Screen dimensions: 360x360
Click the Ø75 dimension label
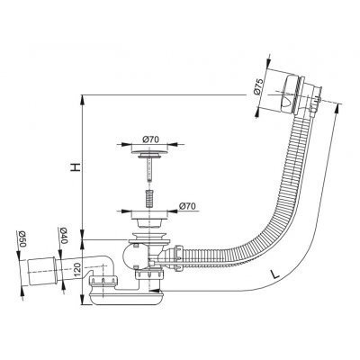tap(258, 86)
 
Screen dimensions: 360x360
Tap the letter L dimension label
tap(275, 274)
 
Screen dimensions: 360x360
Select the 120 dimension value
tap(76, 269)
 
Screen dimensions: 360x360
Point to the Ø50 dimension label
tap(22, 239)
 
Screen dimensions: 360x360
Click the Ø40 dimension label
tap(62, 235)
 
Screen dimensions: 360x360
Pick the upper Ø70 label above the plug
tap(151, 139)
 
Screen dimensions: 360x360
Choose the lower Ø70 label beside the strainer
tap(187, 206)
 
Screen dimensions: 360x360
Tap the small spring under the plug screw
tap(149, 198)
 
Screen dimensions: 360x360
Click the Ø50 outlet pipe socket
tap(41, 271)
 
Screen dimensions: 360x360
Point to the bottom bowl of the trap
tap(126, 298)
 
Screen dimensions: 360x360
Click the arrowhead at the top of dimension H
tap(82, 100)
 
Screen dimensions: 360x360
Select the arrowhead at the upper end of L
tap(337, 108)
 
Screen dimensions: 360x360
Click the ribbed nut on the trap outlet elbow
tap(103, 281)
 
